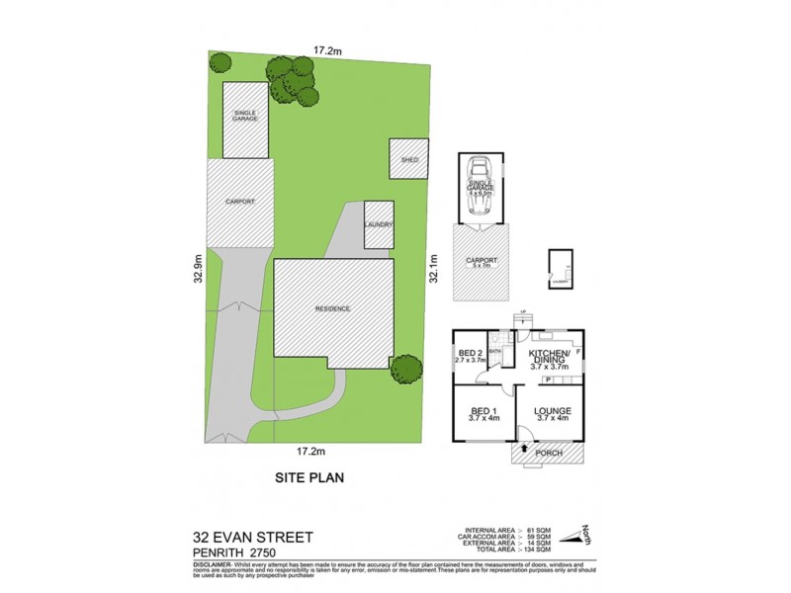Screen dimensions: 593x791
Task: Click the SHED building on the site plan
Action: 409,159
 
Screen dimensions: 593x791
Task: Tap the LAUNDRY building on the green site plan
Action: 380,224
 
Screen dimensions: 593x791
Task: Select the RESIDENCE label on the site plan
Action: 332,308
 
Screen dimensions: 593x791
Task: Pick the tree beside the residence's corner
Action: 405,370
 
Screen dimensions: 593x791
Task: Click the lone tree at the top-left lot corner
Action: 220,63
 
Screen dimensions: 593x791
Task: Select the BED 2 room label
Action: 470,353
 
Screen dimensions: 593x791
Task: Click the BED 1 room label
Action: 482,410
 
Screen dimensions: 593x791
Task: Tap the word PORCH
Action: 549,454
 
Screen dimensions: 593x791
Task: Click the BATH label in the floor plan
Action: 495,350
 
